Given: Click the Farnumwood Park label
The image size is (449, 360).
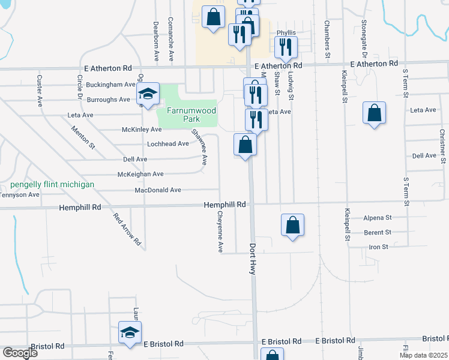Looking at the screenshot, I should click(187, 115).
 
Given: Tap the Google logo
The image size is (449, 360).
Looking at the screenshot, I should click(20, 352).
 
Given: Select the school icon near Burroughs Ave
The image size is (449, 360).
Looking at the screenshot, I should click(148, 94).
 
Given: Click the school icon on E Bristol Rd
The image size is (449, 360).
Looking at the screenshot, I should click(130, 334).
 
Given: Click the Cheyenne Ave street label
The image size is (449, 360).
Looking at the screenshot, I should click(220, 231).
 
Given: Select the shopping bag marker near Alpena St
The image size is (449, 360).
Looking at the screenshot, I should click(292, 226).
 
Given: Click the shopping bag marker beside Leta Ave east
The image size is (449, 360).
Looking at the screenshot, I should click(374, 113).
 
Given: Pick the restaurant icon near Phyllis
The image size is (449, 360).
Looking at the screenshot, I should click(286, 47).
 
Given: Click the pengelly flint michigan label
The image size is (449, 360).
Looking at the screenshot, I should click(52, 184).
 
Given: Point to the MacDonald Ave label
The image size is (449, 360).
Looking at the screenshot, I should click(158, 190).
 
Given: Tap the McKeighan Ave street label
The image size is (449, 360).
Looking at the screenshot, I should click(140, 174).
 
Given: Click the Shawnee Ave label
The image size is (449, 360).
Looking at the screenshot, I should click(198, 147).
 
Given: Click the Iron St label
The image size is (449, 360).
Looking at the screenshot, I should click(378, 247).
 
